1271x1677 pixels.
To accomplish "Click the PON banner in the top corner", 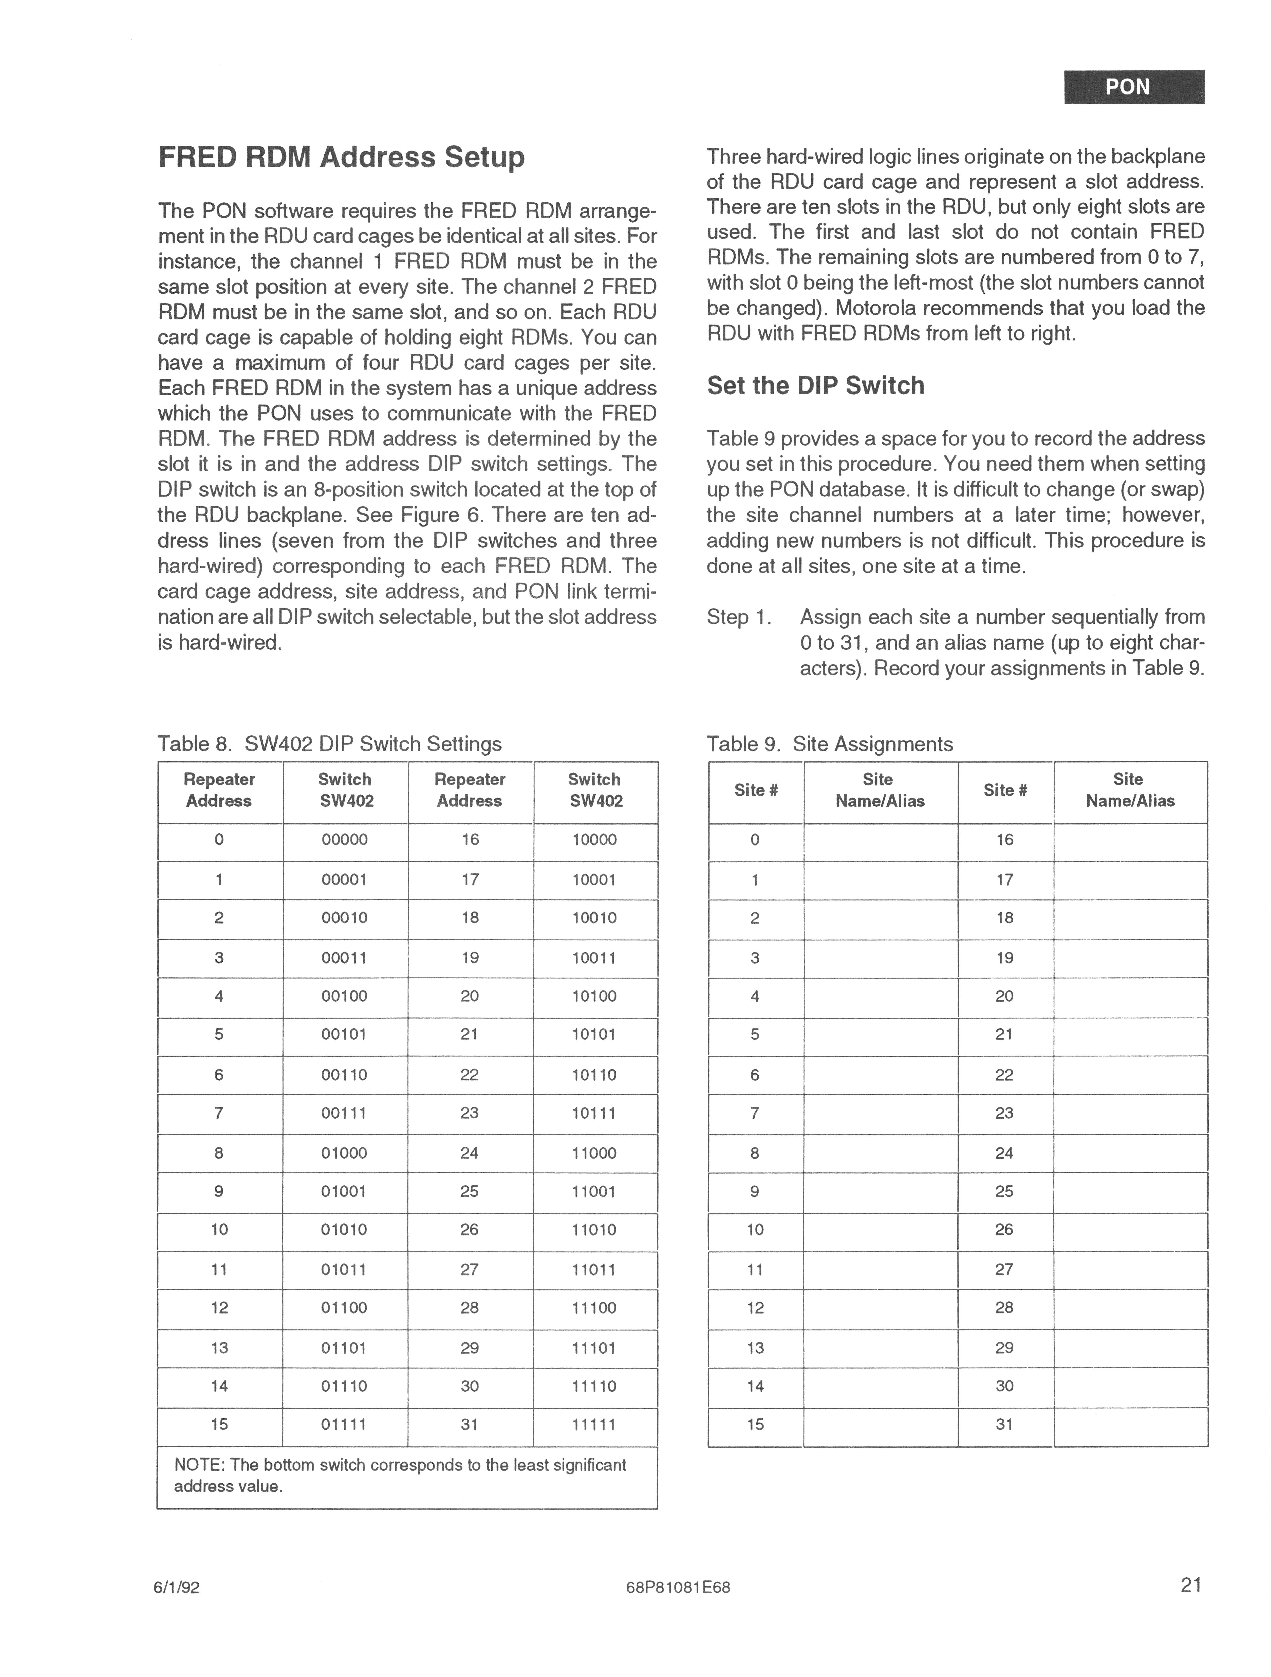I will pos(1134,87).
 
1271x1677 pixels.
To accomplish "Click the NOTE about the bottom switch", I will pos(400,1475).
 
